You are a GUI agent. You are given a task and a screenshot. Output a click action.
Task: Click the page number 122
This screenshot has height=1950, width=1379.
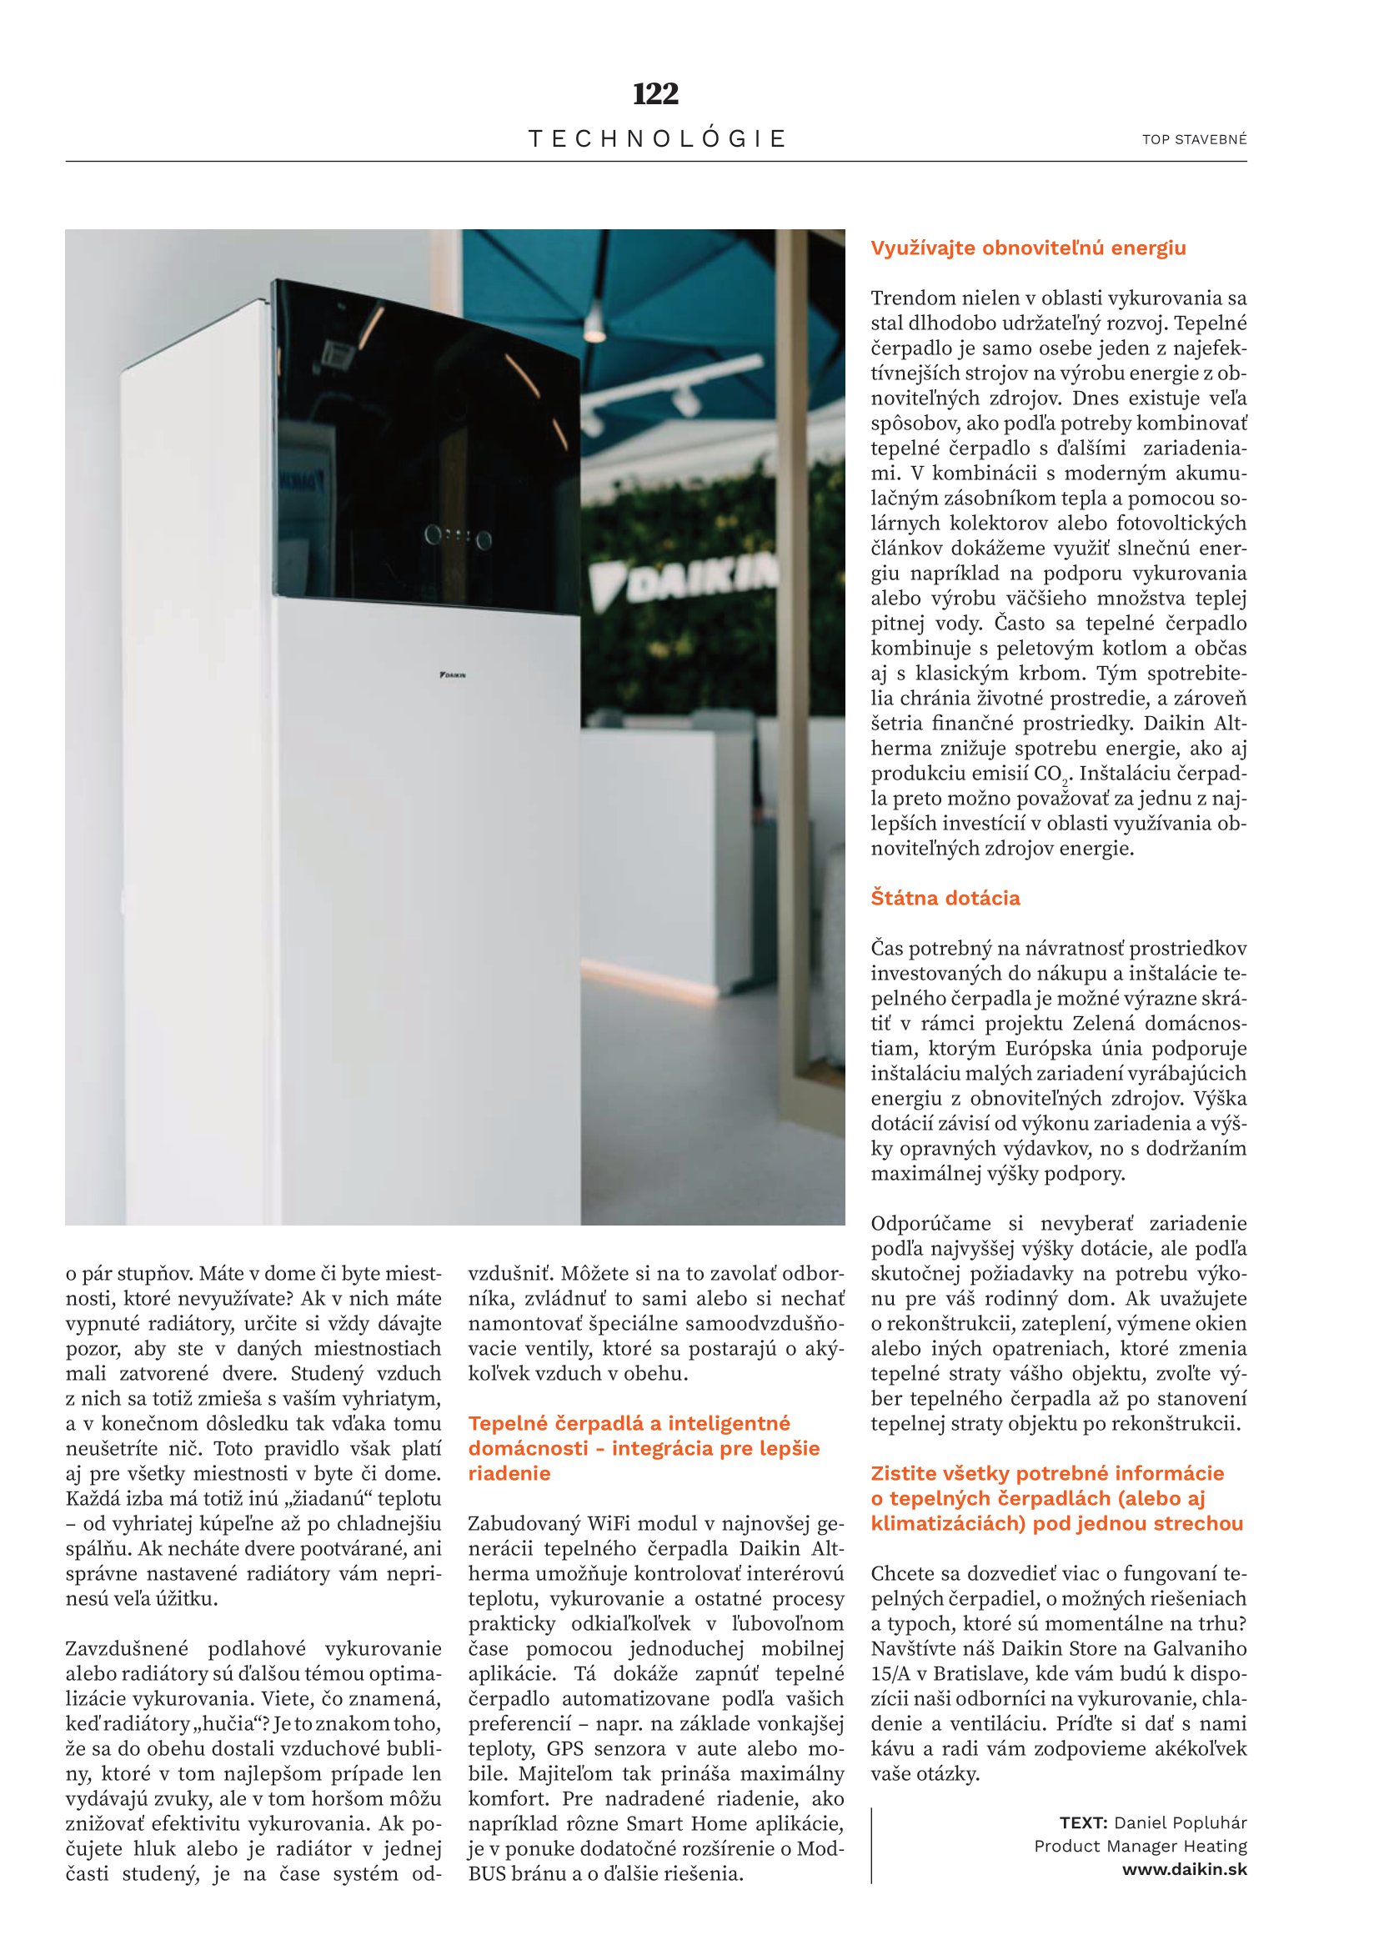pyautogui.click(x=655, y=94)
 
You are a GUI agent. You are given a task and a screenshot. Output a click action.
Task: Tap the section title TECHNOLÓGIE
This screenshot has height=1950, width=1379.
pyautogui.click(x=656, y=138)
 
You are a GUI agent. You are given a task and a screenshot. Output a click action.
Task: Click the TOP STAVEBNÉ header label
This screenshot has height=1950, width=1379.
pyautogui.click(x=1194, y=139)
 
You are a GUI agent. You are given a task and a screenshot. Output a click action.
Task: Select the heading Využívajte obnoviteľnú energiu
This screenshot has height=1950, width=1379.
pyautogui.click(x=1028, y=248)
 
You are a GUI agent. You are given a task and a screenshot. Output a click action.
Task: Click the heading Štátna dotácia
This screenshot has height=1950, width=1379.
pyautogui.click(x=945, y=898)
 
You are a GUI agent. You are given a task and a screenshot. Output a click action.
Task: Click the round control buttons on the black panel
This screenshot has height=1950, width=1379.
pyautogui.click(x=459, y=536)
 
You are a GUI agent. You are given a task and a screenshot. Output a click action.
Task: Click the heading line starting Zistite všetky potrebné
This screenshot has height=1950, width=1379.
pyautogui.click(x=1047, y=1473)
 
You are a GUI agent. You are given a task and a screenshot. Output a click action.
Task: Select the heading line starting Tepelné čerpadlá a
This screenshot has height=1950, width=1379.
pyautogui.click(x=629, y=1423)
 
